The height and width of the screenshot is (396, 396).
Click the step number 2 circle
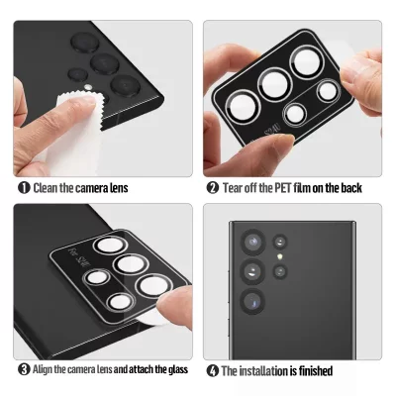tap(212, 187)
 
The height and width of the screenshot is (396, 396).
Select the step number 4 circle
tap(212, 371)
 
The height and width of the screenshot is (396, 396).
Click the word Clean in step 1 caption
tap(47, 187)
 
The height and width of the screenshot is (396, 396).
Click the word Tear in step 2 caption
tap(234, 187)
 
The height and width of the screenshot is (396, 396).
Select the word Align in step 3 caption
tap(45, 370)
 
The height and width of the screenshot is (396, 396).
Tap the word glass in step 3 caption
tap(175, 370)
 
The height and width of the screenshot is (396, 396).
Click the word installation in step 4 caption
tap(265, 371)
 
